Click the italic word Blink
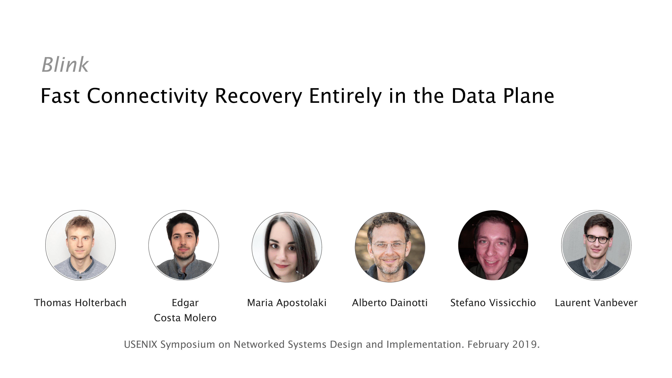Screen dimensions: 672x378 (x=65, y=65)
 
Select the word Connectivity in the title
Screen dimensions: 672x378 (x=147, y=96)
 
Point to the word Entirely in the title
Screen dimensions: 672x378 (x=345, y=96)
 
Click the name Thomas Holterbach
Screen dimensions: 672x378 (x=80, y=303)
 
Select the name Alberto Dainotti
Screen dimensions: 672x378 (x=390, y=303)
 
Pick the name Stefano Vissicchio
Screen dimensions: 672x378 (x=493, y=303)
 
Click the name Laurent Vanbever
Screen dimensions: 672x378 (x=596, y=303)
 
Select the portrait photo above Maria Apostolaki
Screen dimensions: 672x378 (x=287, y=247)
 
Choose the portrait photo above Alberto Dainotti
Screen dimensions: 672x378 (x=390, y=247)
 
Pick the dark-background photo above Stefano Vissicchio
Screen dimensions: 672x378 (x=493, y=245)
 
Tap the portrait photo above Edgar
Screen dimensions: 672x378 (x=184, y=245)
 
